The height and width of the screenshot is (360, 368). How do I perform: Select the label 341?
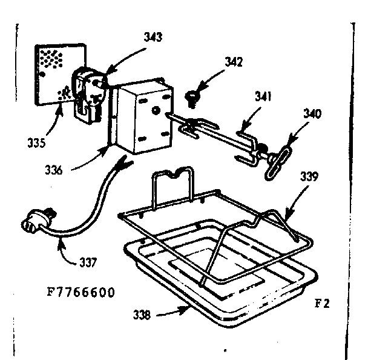pos(263,96)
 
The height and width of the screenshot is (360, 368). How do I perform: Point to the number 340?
pos(312,113)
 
